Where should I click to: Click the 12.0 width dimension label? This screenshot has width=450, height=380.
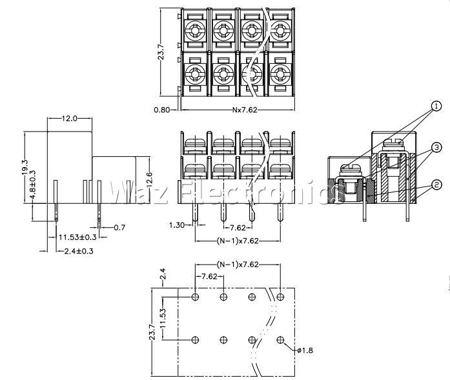(x=69, y=119)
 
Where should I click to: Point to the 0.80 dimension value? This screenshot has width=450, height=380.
(x=161, y=110)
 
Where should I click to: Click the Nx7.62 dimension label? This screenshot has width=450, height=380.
(x=245, y=110)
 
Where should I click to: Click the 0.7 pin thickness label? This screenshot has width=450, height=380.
(x=119, y=227)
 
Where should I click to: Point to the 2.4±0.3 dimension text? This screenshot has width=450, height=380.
(x=79, y=251)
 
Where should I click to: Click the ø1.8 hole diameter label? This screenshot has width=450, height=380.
(x=306, y=350)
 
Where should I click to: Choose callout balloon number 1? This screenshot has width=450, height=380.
(x=436, y=106)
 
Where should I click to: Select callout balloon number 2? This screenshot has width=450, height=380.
(x=437, y=186)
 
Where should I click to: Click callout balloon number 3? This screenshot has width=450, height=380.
(x=437, y=148)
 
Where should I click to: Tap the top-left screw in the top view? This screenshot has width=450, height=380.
(x=196, y=30)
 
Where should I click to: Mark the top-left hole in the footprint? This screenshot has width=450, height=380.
(x=196, y=297)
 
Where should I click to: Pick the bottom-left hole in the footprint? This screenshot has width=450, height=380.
(x=196, y=339)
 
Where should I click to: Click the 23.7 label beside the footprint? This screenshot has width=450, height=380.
(x=153, y=332)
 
